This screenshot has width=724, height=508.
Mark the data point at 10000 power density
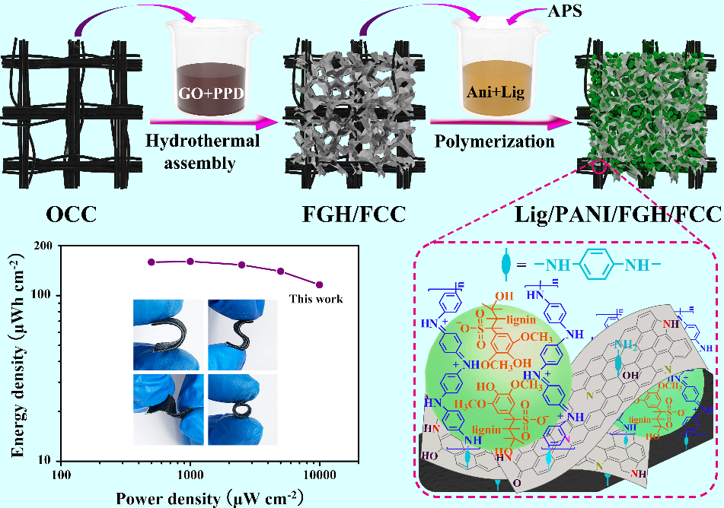pyautogui.click(x=320, y=285)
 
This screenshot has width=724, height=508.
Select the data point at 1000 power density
pyautogui.click(x=190, y=261)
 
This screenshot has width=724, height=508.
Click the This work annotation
pyautogui.click(x=315, y=299)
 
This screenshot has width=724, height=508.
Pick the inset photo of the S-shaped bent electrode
pyautogui.click(x=233, y=332)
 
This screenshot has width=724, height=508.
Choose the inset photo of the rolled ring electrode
pyautogui.click(x=233, y=408)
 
